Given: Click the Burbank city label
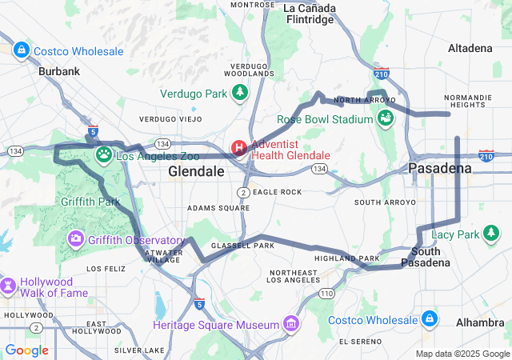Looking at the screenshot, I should tap(59, 71).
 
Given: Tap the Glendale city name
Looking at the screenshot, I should tap(196, 172).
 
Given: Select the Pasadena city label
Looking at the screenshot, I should tap(440, 169).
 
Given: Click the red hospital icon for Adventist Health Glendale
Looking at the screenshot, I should tap(239, 149).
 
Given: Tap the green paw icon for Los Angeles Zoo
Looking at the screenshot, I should tap(104, 154).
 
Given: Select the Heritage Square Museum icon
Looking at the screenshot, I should tap(291, 324).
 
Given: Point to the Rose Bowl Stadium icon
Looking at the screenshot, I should tap(386, 119).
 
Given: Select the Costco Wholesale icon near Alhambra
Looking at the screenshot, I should tap(430, 319).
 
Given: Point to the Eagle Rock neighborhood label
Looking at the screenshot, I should tap(277, 192).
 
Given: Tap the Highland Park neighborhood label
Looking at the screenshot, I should tap(346, 258).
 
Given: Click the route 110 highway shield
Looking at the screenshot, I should tap(326, 294).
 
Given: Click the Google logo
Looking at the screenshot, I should tap(26, 350).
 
